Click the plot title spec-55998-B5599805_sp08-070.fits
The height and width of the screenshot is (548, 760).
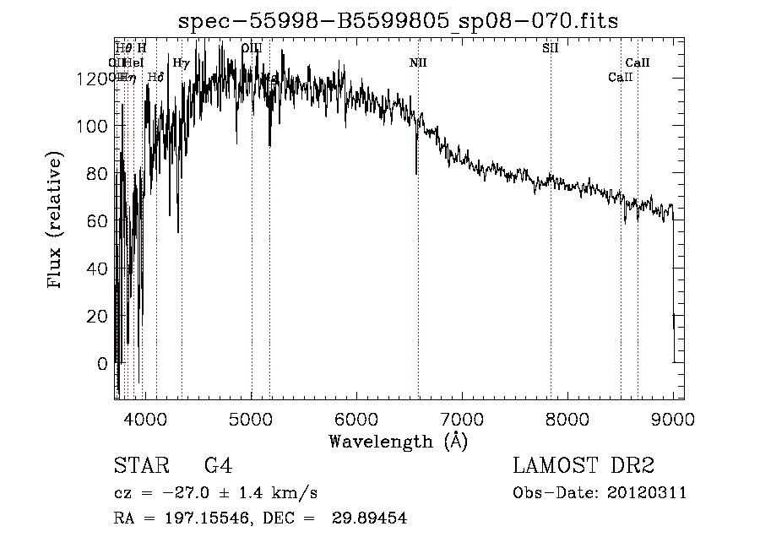pos(398,22)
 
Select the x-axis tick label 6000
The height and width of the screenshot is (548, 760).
pos(356,419)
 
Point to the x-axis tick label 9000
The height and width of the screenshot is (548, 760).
pos(673,419)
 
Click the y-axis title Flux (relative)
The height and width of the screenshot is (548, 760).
pos(57,221)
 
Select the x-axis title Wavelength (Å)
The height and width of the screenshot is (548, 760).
pos(398,441)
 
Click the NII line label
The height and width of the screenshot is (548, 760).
pos(418,63)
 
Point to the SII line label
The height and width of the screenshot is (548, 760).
pos(550,48)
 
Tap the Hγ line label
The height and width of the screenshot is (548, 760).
pos(181,62)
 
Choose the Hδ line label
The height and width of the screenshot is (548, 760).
pos(155,78)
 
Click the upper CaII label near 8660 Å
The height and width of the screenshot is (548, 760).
pos(638,62)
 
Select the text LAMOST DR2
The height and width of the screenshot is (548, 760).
pos(584,466)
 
